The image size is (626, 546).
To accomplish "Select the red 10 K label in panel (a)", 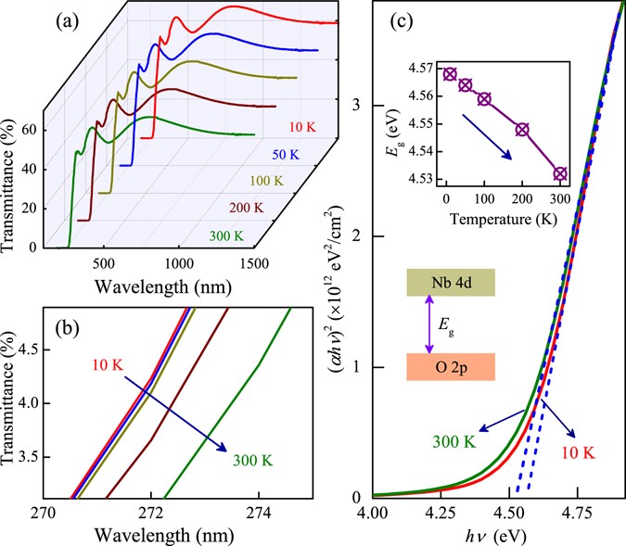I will click(308, 124).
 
